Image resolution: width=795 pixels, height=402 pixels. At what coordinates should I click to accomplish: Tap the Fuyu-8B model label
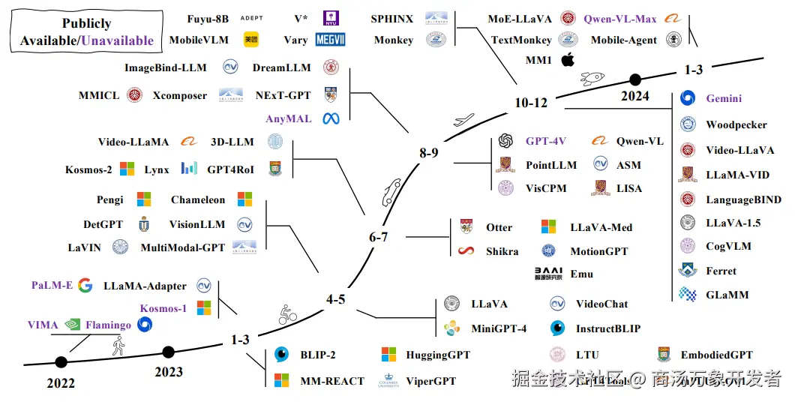click(208, 18)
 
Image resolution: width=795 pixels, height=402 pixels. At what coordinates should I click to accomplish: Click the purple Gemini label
click(723, 98)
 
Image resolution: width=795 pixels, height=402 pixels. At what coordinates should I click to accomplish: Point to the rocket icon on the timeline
click(592, 77)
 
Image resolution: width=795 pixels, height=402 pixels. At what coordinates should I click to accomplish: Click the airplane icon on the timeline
click(464, 118)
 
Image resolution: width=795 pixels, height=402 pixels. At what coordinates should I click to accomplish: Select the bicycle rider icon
click(287, 313)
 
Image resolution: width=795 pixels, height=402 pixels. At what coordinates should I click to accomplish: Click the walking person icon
click(118, 346)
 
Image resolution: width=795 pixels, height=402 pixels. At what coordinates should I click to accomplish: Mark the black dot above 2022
click(61, 362)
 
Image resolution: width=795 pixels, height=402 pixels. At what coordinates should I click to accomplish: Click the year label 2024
click(634, 96)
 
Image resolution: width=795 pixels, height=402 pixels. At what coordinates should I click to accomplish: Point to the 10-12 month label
click(530, 103)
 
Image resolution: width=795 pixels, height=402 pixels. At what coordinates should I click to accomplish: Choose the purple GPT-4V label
click(546, 140)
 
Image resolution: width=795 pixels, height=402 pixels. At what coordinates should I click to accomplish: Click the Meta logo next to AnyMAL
click(331, 118)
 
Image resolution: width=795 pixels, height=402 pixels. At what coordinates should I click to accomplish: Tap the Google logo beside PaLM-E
click(85, 285)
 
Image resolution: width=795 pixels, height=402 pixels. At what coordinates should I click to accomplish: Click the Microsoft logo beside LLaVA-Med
click(550, 226)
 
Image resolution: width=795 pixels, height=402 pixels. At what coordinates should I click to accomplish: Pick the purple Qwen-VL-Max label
click(619, 19)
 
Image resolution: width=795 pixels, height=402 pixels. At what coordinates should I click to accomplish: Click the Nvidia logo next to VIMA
click(73, 325)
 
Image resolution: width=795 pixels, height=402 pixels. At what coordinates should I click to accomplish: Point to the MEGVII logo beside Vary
click(331, 40)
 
